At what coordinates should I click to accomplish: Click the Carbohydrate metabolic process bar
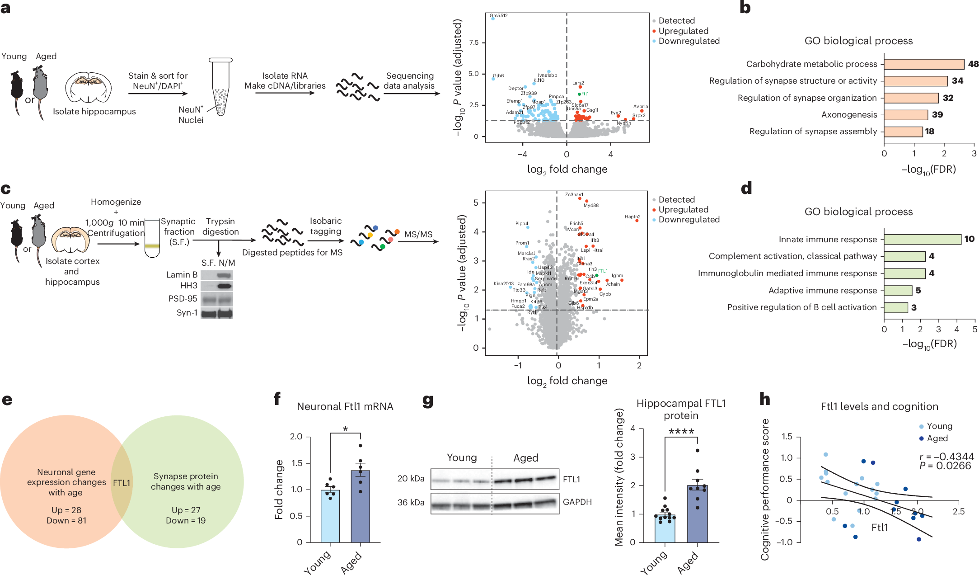click(x=924, y=64)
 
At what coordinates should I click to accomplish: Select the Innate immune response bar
click(x=922, y=239)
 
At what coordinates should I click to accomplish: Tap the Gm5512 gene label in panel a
click(x=499, y=15)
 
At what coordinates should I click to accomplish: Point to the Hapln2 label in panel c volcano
click(x=632, y=217)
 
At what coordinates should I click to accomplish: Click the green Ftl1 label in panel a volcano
click(x=585, y=94)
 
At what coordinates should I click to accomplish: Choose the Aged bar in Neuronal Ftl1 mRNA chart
click(x=360, y=506)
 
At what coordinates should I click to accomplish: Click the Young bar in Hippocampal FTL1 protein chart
click(x=665, y=528)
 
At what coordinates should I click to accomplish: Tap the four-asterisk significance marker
click(x=681, y=431)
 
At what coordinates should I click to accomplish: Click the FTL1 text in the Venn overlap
click(x=122, y=483)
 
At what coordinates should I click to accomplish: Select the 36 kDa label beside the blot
click(x=411, y=502)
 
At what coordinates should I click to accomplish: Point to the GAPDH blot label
click(x=577, y=502)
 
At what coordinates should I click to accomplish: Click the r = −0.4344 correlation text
click(x=946, y=457)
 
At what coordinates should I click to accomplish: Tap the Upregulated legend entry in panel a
click(x=683, y=31)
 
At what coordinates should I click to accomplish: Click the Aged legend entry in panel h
click(x=937, y=438)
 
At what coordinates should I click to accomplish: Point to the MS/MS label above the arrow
click(x=418, y=234)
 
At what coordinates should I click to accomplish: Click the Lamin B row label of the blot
click(x=182, y=274)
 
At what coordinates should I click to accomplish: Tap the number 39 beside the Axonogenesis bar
click(x=937, y=115)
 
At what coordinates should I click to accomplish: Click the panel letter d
click(x=746, y=188)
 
